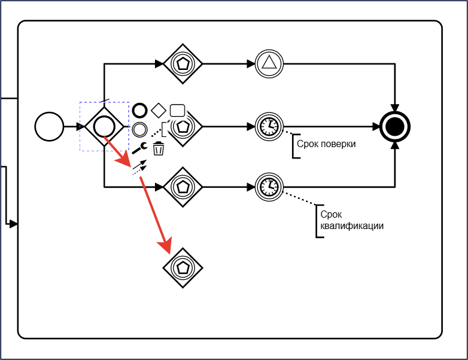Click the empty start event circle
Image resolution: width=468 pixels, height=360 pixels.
click(x=49, y=126)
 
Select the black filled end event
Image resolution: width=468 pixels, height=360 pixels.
click(x=395, y=126)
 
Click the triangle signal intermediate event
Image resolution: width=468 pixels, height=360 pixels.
click(x=269, y=64)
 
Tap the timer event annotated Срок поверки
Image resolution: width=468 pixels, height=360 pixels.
click(x=269, y=126)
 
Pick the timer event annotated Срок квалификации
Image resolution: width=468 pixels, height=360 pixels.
click(x=269, y=187)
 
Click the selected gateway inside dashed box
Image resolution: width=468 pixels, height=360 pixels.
click(x=104, y=126)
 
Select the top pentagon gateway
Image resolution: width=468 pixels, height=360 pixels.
click(x=183, y=64)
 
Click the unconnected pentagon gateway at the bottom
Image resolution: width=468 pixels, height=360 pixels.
click(x=183, y=268)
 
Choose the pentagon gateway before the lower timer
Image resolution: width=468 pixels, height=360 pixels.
click(x=183, y=187)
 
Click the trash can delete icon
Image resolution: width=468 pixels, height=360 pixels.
click(x=158, y=148)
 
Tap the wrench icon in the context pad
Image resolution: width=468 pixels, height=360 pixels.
click(x=139, y=148)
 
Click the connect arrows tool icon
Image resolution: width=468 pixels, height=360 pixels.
click(x=139, y=167)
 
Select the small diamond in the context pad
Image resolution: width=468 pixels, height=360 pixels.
click(x=159, y=111)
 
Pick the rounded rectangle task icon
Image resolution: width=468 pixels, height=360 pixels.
click(x=177, y=111)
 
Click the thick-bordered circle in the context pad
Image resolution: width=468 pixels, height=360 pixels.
click(x=139, y=111)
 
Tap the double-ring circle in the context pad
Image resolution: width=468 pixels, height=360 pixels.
click(x=139, y=129)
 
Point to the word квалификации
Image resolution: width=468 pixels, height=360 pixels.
click(x=352, y=226)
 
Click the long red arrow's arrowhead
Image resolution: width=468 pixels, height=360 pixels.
click(x=165, y=245)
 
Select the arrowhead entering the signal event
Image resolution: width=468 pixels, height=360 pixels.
click(x=251, y=64)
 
